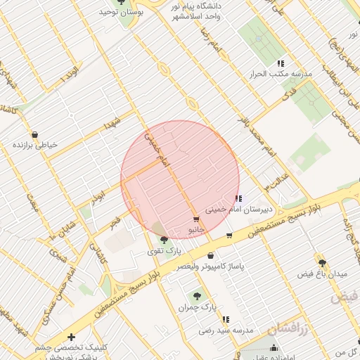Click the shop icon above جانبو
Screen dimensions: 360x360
tap(195, 219)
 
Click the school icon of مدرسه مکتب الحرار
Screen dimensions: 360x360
tap(281, 64)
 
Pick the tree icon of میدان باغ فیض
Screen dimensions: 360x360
tap(322, 262)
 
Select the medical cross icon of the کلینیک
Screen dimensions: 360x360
tap(71, 337)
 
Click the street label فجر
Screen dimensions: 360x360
tap(115, 221)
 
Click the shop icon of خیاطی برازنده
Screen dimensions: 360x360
tap(34, 134)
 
